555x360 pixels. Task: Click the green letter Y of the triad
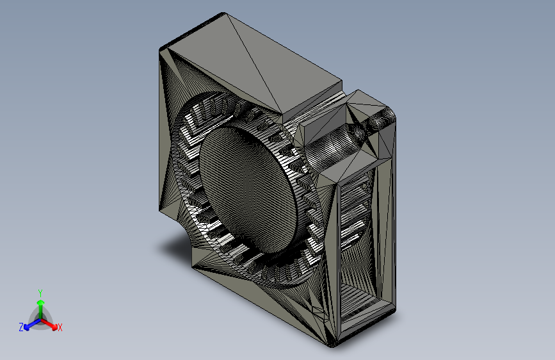coord(40,293)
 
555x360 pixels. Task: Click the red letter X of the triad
coord(60,327)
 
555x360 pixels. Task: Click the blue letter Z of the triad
coord(21,327)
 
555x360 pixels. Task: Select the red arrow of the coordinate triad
coord(49,324)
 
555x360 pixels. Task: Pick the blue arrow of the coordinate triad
coord(32,324)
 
